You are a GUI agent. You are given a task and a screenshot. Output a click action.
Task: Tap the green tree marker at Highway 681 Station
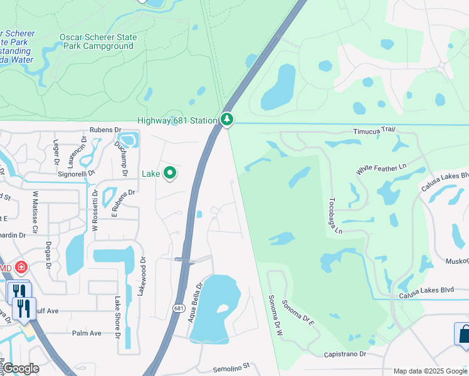(226, 119)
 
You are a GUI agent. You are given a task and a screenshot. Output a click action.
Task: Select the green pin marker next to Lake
(169, 173)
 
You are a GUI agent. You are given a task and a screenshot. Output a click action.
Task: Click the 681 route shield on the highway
(179, 308)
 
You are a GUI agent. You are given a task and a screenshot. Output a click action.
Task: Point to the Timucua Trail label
(374, 130)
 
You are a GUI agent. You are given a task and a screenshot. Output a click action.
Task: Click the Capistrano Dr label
(345, 354)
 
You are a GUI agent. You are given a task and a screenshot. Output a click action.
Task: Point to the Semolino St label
(231, 365)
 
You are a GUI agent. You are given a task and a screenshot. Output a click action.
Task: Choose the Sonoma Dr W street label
(274, 316)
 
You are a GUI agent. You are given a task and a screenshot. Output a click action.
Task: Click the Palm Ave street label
(87, 333)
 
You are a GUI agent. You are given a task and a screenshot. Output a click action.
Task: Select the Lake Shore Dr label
(117, 317)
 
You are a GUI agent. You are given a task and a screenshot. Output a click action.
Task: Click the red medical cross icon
(21, 268)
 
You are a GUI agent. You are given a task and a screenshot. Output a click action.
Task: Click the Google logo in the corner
(20, 368)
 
